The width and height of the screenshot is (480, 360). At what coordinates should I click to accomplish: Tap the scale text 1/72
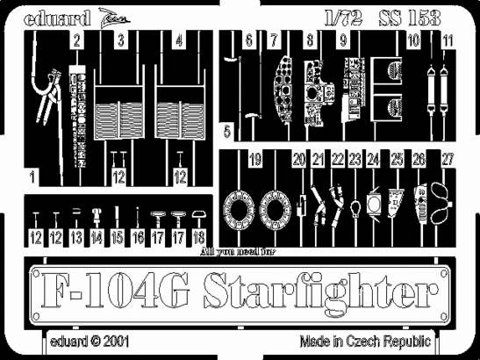tap(346, 15)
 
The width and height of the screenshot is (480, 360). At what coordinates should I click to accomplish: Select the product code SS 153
tap(411, 15)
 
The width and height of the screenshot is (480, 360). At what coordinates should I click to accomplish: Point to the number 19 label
tap(254, 161)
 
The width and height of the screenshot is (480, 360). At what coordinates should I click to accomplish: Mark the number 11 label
tap(448, 41)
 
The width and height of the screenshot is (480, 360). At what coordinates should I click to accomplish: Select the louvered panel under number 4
tap(181, 113)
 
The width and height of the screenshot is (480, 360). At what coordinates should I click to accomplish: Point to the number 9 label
tap(343, 41)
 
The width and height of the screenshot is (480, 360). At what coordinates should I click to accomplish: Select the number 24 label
tap(373, 161)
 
